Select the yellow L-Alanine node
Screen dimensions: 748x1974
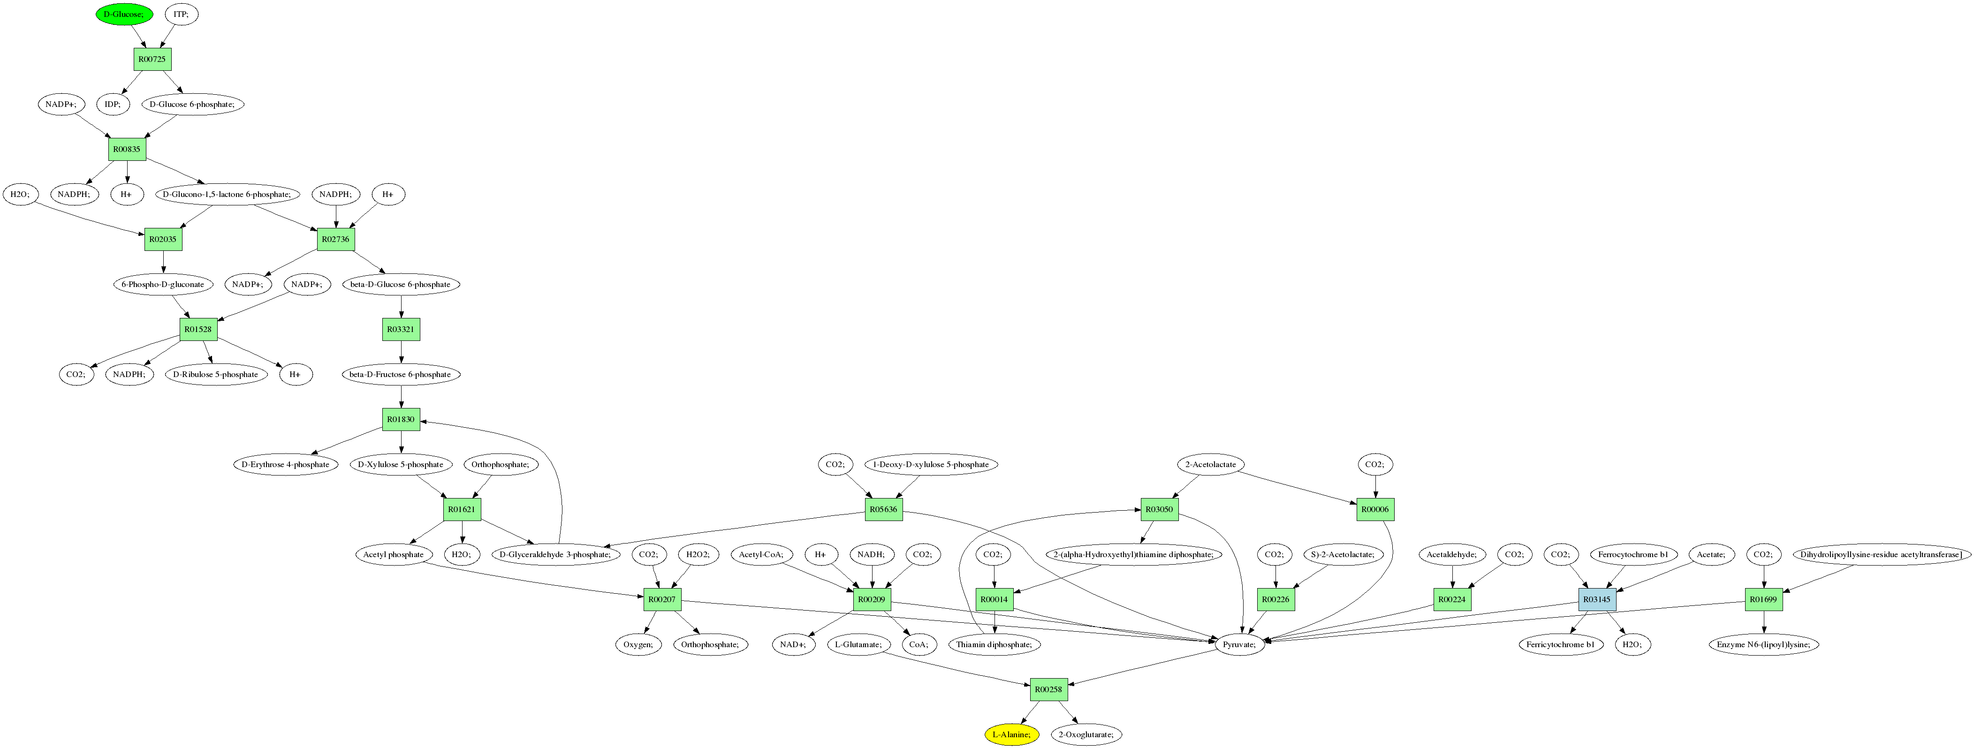pos(1011,735)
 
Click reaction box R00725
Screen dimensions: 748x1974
pos(152,60)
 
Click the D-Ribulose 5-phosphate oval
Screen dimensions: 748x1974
pos(215,375)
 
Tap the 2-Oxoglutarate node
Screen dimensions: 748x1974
pos(1086,735)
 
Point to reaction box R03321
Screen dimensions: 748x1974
pos(401,330)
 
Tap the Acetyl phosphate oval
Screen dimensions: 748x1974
pos(393,555)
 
